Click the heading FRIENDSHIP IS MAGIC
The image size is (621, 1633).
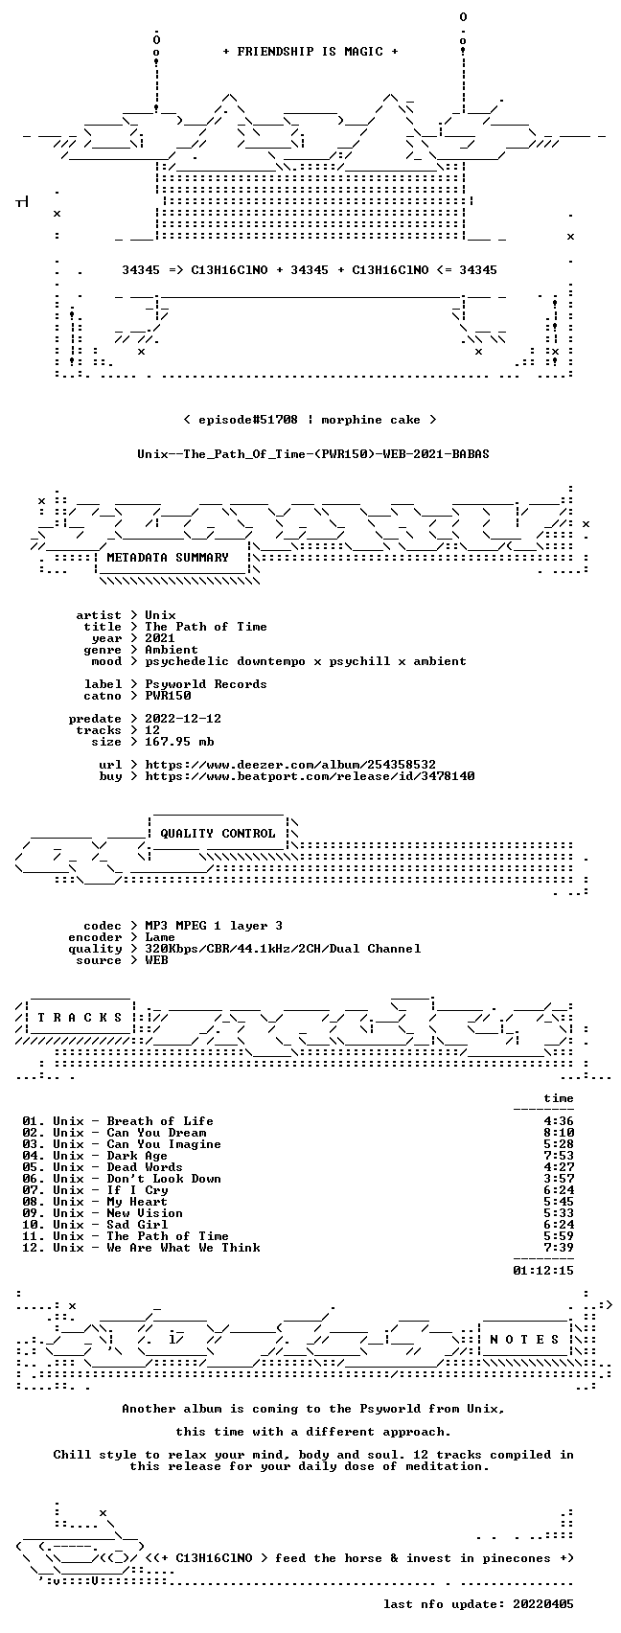[310, 52]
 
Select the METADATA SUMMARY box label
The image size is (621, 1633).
[168, 558]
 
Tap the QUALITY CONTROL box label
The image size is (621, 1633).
[218, 834]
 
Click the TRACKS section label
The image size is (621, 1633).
[80, 1018]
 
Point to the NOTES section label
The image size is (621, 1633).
[525, 1340]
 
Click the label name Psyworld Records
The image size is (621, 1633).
[205, 684]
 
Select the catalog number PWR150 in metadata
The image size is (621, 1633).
[168, 696]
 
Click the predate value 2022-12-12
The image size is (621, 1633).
[183, 719]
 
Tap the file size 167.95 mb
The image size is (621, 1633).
[179, 742]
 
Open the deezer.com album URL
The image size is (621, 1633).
[290, 765]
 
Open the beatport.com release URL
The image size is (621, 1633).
[310, 776]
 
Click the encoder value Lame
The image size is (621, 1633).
[160, 937]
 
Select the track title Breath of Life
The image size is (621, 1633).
[160, 1121]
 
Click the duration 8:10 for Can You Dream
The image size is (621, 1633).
[559, 1133]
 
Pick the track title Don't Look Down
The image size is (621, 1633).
[164, 1179]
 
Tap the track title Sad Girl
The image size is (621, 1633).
[137, 1225]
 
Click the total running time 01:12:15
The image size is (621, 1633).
[543, 1271]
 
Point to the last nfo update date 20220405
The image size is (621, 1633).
[543, 1604]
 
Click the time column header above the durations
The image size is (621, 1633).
[559, 1098]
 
